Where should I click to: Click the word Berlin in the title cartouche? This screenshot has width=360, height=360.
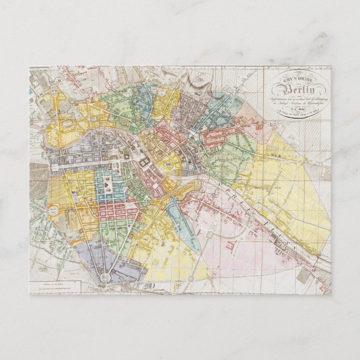pyautogui.click(x=299, y=91)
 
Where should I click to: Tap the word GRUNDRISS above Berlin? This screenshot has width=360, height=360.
pyautogui.click(x=298, y=80)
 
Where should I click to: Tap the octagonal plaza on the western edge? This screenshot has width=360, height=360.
pyautogui.click(x=52, y=211)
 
